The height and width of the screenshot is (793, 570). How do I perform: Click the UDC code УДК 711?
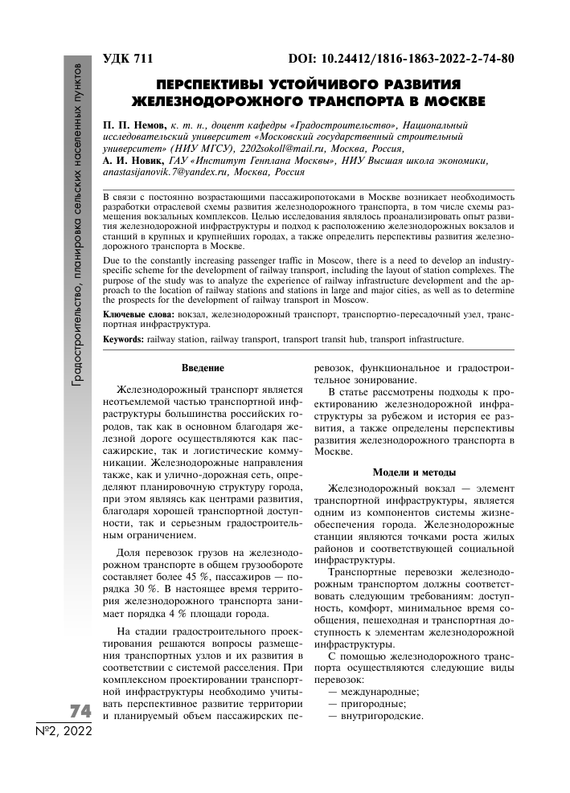coord(128,59)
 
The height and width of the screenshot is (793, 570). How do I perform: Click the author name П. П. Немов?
coord(134,126)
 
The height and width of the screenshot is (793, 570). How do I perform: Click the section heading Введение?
coord(202,368)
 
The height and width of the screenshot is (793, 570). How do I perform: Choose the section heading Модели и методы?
coord(414,472)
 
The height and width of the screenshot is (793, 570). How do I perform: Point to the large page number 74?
coord(80,712)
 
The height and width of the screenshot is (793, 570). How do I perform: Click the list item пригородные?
coord(366,703)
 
